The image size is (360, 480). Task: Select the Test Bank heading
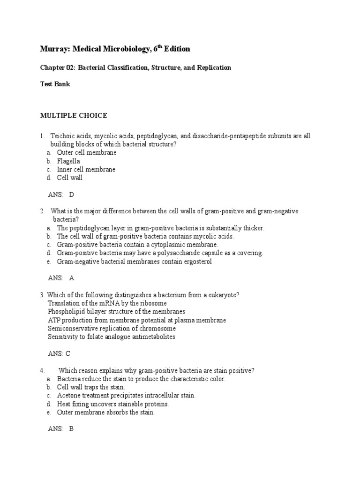coord(55,85)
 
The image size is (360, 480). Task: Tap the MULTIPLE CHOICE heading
coord(73,115)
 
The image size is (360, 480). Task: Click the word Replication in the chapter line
coord(213,67)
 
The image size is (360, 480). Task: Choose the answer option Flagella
coord(68,161)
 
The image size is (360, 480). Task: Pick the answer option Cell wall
coord(70,178)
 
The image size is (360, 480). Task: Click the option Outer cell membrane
coord(87,152)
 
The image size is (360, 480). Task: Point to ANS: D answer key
coord(61,195)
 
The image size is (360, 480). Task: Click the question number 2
coord(42,211)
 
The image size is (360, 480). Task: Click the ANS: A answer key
coord(61,278)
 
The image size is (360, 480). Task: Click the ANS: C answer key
coord(60,354)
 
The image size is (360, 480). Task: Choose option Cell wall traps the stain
coord(91,387)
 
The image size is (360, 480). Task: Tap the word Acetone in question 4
coord(69,396)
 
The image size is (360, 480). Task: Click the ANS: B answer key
coord(61,429)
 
